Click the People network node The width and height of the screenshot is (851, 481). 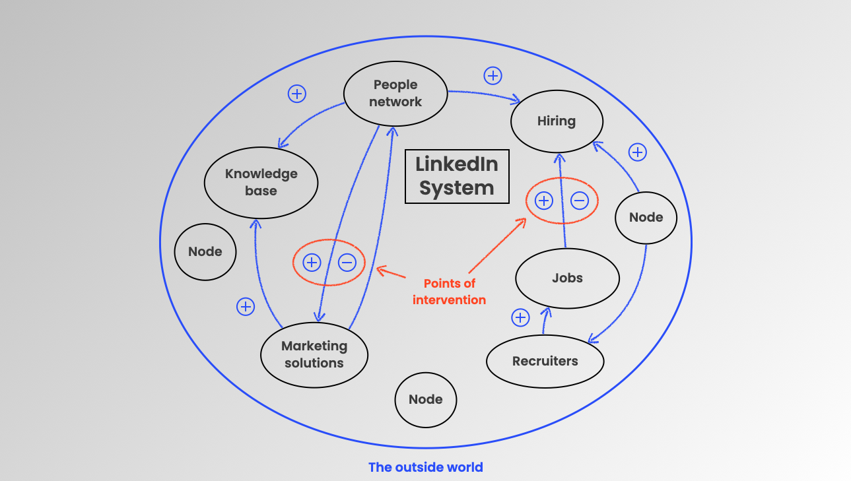tap(395, 94)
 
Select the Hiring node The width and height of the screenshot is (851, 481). tap(557, 121)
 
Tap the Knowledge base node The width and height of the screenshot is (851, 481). tap(261, 182)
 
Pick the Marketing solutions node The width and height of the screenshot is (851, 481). tap(314, 354)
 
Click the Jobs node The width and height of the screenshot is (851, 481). tap(567, 278)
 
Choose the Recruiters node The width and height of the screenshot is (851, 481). tap(545, 361)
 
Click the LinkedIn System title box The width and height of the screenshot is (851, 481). tap(457, 176)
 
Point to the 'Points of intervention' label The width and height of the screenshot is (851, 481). tap(450, 292)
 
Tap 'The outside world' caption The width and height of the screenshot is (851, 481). tap(426, 467)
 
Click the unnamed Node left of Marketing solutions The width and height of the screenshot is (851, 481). tap(205, 251)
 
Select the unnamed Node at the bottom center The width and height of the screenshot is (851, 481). tap(426, 399)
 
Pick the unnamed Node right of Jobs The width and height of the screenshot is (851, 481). tap(646, 217)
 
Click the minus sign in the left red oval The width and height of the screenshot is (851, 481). tap(347, 263)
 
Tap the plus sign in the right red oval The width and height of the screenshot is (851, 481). tap(543, 200)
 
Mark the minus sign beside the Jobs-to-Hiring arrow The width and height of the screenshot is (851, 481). tap(580, 200)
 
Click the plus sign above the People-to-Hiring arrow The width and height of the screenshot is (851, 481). tap(493, 75)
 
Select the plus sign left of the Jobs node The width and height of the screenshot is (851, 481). tap(521, 318)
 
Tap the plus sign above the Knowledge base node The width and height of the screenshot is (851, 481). tap(297, 94)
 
